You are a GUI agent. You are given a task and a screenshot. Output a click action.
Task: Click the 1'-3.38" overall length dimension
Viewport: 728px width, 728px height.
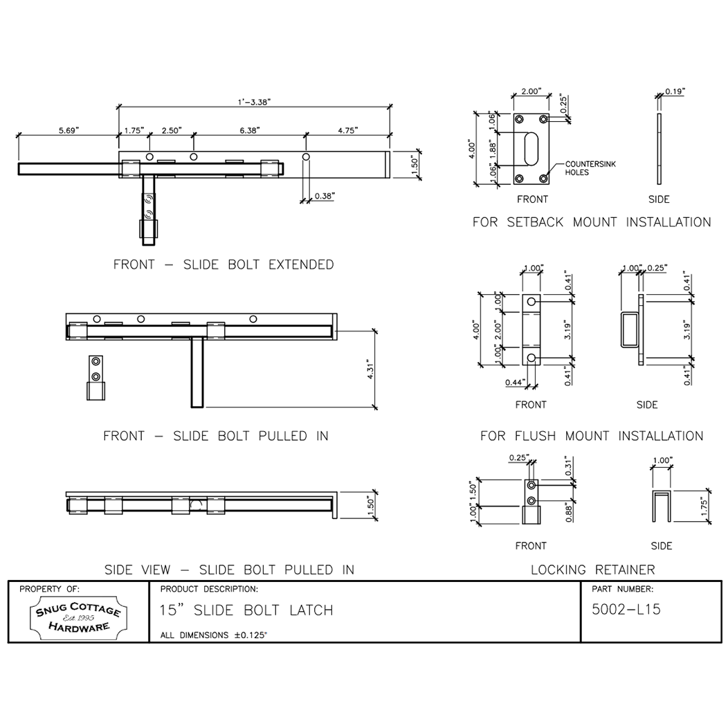point(254,102)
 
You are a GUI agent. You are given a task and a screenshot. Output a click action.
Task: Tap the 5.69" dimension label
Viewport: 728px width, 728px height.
point(69,130)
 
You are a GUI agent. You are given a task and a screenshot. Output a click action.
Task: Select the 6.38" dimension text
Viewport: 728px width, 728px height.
point(249,130)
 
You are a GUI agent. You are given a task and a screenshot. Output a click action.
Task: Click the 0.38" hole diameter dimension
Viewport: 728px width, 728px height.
point(324,196)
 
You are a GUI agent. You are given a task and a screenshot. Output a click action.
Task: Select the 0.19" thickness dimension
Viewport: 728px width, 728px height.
point(675,91)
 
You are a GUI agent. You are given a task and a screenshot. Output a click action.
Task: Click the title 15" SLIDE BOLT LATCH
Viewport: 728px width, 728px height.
point(246,610)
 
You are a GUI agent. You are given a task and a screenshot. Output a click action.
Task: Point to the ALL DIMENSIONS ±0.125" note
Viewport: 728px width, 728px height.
point(213,634)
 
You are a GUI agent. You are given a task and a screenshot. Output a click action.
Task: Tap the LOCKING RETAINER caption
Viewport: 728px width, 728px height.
point(592,570)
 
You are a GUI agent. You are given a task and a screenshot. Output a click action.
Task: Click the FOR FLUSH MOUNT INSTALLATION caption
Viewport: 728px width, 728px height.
point(592,436)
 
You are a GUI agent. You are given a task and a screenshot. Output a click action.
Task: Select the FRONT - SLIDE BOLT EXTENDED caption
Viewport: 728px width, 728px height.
point(224,264)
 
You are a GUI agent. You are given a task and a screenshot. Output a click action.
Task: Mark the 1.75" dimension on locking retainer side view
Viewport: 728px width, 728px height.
point(704,507)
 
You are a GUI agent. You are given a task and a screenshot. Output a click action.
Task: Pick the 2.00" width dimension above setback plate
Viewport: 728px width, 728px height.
point(531,91)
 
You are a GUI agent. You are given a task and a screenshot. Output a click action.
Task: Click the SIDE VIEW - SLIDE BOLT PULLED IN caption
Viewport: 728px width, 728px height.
point(229,570)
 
